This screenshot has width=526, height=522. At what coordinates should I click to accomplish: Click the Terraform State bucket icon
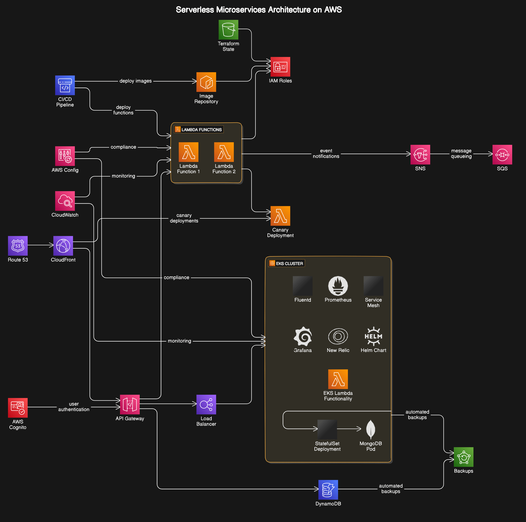(x=228, y=30)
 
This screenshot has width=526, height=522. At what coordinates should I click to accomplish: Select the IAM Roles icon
(x=280, y=67)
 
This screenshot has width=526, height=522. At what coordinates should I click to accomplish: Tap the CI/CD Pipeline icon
(x=65, y=85)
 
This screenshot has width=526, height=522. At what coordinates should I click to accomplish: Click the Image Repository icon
(x=206, y=82)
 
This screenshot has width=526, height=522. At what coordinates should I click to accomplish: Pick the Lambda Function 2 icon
(x=224, y=152)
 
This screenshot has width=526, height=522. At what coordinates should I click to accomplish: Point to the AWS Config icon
(x=65, y=156)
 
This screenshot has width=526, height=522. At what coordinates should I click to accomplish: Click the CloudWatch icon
(x=65, y=201)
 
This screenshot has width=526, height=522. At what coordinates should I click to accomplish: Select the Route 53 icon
(x=18, y=246)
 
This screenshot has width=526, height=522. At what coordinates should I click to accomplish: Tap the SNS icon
(x=420, y=154)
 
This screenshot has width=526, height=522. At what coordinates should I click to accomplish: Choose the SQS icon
(x=502, y=154)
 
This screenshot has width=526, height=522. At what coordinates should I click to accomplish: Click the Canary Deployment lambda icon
(x=280, y=216)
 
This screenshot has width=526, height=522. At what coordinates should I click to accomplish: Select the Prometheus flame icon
(x=338, y=286)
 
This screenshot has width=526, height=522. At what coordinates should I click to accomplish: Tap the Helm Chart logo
(x=373, y=336)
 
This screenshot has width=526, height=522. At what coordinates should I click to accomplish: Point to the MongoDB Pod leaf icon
(x=371, y=429)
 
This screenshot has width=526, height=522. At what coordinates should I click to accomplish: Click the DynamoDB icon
(x=328, y=490)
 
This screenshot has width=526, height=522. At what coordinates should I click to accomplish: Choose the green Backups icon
(x=463, y=457)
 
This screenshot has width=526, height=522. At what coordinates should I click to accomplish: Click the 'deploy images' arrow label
(x=135, y=81)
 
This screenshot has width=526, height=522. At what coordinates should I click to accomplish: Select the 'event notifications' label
(x=326, y=154)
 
